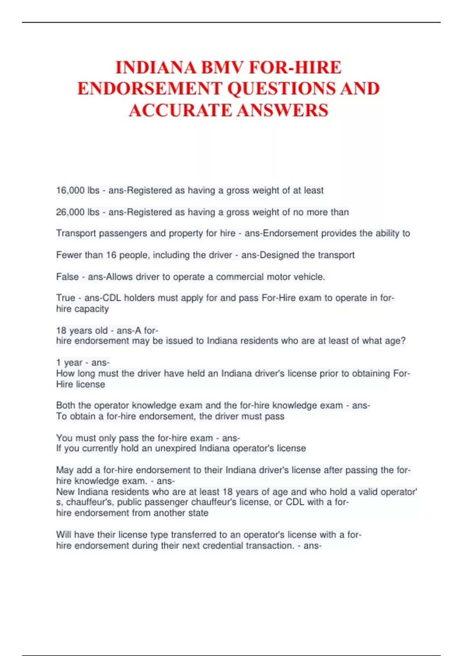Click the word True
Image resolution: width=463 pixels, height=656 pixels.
click(x=66, y=298)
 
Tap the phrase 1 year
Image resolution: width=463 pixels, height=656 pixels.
click(x=69, y=362)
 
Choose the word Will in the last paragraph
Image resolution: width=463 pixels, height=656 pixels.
click(x=64, y=534)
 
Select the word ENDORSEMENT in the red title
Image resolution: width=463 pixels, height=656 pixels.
click(x=150, y=89)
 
